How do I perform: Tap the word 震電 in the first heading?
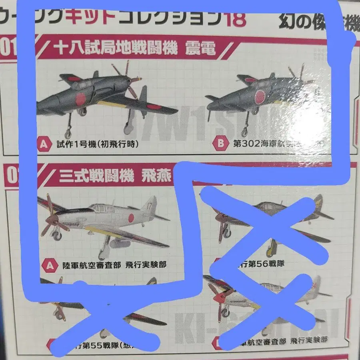pyautogui.click(x=200, y=49)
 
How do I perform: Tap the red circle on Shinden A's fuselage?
pyautogui.click(x=81, y=98)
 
